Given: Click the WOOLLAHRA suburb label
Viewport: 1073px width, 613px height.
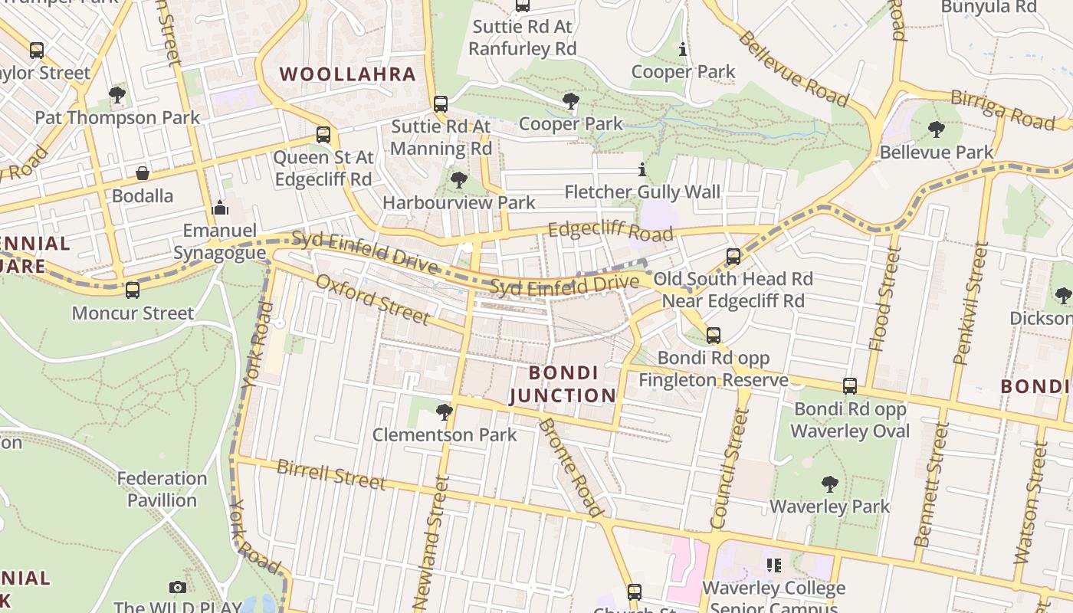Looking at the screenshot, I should pos(347,74).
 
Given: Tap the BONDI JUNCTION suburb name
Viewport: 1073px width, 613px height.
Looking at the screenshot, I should pos(563,385).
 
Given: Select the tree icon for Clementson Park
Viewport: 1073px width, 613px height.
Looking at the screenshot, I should pos(444,412).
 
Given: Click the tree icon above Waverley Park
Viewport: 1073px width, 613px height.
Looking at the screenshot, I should pos(829,484).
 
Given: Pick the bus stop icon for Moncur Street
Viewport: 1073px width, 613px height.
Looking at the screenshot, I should pos(133,290).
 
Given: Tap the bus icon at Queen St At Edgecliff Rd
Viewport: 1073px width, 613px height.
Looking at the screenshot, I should pos(323,135).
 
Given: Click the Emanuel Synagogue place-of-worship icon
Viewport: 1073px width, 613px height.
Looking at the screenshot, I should pos(220,208).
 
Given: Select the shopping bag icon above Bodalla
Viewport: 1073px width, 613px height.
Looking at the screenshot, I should pos(143,173).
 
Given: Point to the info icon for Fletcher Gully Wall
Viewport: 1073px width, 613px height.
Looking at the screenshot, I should pos(642,169).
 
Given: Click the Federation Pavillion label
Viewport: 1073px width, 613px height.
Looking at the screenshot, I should pos(162,489).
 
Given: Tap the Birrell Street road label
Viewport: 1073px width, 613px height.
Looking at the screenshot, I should pos(331,474).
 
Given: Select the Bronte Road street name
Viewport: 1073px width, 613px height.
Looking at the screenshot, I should pos(571,467).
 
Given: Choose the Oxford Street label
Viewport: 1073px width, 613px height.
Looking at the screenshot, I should pos(372,299).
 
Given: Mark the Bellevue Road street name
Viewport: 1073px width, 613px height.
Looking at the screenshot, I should pos(793,69).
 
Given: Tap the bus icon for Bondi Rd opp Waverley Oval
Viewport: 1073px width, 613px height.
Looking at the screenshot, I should pos(850,386).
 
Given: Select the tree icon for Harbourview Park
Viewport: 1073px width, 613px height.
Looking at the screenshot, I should pos(459,180).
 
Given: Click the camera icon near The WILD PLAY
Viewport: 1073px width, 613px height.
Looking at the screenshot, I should pos(178,587).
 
